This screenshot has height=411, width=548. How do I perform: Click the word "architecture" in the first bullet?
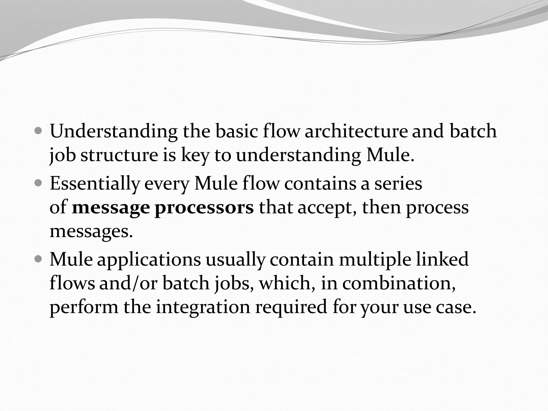point(356,131)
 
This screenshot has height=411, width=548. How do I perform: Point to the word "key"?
point(195,156)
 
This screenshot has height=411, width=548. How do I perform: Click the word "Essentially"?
point(95,184)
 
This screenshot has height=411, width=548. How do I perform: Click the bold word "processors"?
point(204,208)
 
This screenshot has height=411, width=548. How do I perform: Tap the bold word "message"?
point(111,208)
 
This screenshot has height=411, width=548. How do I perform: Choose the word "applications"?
point(149,260)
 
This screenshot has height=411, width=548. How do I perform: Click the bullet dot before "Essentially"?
point(39,183)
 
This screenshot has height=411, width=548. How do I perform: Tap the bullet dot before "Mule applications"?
point(39,259)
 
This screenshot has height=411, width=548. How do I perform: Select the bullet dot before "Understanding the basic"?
point(39,131)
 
